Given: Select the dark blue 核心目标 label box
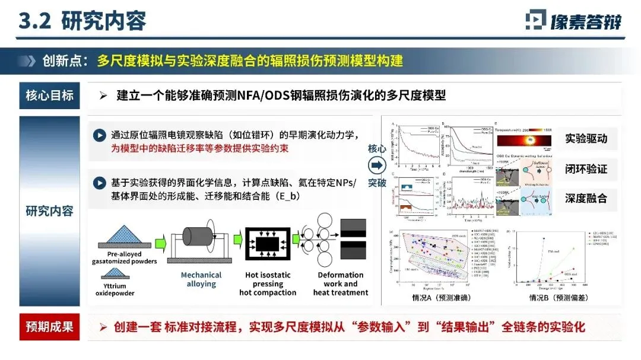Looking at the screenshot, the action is pyautogui.click(x=49, y=95).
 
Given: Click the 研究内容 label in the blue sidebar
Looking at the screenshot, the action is pyautogui.click(x=49, y=210).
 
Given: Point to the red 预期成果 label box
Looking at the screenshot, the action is pyautogui.click(x=49, y=327).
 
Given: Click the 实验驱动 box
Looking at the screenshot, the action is pyautogui.click(x=586, y=140).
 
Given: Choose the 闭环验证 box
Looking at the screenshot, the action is pyautogui.click(x=586, y=170).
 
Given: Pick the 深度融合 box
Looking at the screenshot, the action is pyautogui.click(x=586, y=198).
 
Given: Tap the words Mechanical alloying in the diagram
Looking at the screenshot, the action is pyautogui.click(x=201, y=279).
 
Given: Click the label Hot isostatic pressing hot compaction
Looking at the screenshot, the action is pyautogui.click(x=267, y=283).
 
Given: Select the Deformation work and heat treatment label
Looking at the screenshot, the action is pyautogui.click(x=340, y=283).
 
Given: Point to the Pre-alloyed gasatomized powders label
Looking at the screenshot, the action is pyautogui.click(x=125, y=257).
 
